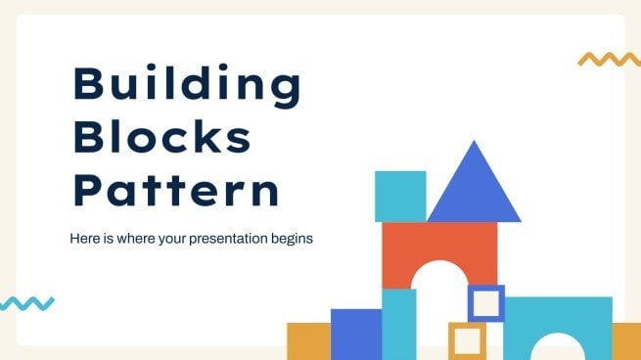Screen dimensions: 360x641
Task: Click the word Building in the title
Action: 187,88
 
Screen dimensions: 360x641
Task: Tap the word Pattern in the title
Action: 177,191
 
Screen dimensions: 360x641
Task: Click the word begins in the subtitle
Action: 292,238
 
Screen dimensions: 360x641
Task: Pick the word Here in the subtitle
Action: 83,238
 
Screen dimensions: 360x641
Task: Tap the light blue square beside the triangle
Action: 400,196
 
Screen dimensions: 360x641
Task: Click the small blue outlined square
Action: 486,303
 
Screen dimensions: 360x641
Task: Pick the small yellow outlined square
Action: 467,339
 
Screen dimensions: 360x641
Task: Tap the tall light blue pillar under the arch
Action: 398,324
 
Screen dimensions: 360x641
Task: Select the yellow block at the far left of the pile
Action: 307,340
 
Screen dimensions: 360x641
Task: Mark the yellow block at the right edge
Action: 626,340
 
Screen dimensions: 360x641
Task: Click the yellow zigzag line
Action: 609,59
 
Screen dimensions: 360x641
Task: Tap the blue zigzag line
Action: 26,303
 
